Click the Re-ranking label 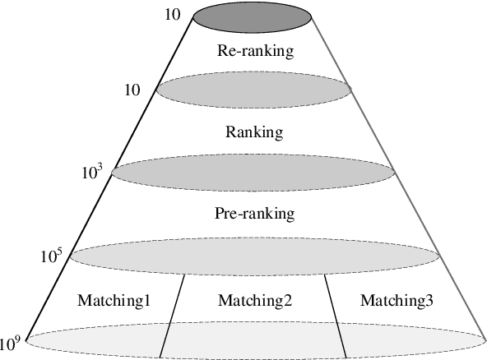(255, 51)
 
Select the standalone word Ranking (253, 131)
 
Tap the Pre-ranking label (254, 214)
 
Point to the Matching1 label (114, 300)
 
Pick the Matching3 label (397, 300)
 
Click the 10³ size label (91, 173)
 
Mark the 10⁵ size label (51, 256)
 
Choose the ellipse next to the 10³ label (253, 172)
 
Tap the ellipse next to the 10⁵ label (253, 255)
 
